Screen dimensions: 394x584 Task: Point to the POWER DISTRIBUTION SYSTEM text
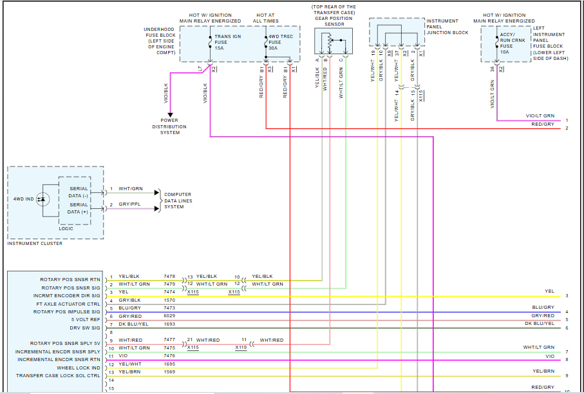(170, 126)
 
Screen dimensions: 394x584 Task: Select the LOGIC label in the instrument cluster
(67, 228)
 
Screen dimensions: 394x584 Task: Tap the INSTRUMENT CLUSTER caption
(35, 243)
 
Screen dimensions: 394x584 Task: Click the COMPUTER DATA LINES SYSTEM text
(178, 201)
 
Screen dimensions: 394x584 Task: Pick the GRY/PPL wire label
(129, 204)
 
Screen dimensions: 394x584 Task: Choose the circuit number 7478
(169, 276)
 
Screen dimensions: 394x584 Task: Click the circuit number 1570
(169, 300)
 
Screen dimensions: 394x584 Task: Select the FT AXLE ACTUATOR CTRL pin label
(68, 304)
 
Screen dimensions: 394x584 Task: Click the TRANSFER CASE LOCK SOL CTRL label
(58, 375)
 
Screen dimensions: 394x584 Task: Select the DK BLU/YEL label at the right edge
(539, 323)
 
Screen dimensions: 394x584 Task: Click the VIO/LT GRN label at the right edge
(540, 116)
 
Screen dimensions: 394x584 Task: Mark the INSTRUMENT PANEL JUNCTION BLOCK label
(447, 26)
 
